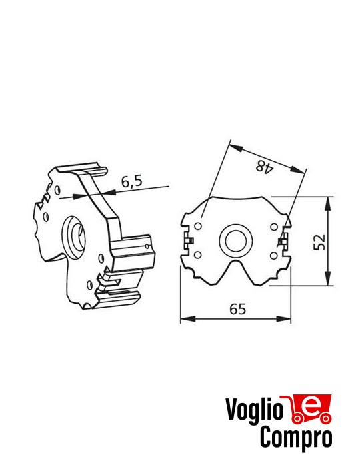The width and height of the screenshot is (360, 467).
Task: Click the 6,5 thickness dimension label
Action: [132, 181]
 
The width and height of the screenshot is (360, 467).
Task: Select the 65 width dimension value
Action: [237, 308]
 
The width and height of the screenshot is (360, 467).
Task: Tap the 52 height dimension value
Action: [320, 241]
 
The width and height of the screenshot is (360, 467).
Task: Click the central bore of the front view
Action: [236, 240]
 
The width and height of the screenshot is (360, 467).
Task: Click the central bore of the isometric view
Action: [74, 234]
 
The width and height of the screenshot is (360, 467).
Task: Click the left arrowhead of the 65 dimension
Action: [185, 318]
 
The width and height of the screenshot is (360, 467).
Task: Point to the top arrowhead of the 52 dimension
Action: [328, 201]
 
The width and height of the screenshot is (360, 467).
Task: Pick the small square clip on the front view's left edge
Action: [190, 238]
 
